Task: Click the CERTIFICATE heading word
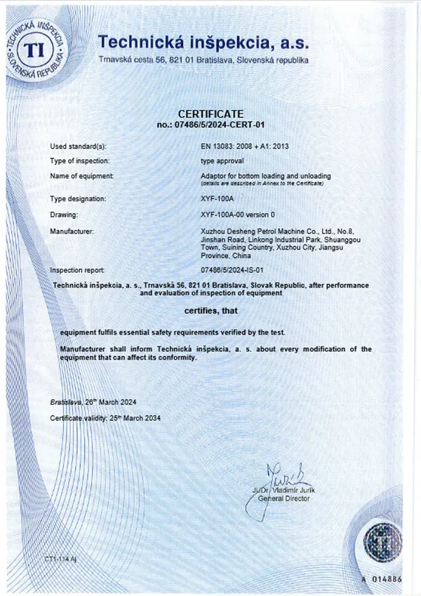pos(210,114)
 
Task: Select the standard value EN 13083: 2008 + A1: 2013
pos(245,147)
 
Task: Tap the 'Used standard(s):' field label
pos(78,147)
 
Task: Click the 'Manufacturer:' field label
pos(73,230)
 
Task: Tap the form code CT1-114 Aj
pos(60,559)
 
